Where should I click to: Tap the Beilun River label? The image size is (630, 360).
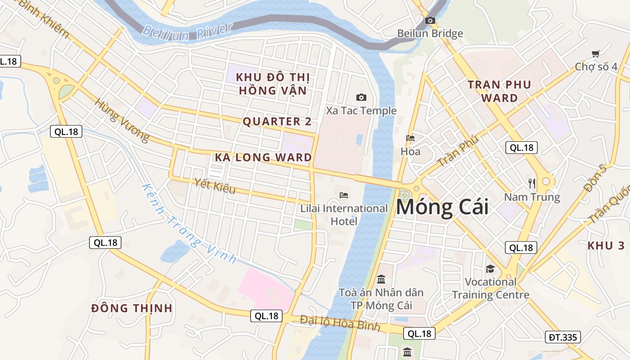pos(188,31)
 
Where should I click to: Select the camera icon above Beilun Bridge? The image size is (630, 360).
pos(430,20)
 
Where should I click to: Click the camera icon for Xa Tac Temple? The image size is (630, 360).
pos(361,97)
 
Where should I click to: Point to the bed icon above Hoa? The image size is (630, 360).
pos(410,138)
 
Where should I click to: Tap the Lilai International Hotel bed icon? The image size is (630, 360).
pos(344,195)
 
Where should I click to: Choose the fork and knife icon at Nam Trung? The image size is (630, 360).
pos(532,183)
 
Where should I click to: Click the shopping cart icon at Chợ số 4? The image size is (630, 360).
pos(596,54)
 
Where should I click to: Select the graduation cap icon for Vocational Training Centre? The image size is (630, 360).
pos(490,269)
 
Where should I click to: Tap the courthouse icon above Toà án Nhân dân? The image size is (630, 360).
pos(381,279)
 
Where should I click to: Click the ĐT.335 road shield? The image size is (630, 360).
pos(562,337)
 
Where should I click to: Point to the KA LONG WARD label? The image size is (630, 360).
pos(263,157)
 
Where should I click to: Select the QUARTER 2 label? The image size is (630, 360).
pos(277,121)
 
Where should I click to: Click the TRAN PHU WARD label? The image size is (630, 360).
pos(499,91)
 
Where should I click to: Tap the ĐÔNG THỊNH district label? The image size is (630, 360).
pos(132,308)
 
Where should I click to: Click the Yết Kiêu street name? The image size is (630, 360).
pos(215,186)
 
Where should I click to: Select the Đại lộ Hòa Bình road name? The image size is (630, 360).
pos(340,323)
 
